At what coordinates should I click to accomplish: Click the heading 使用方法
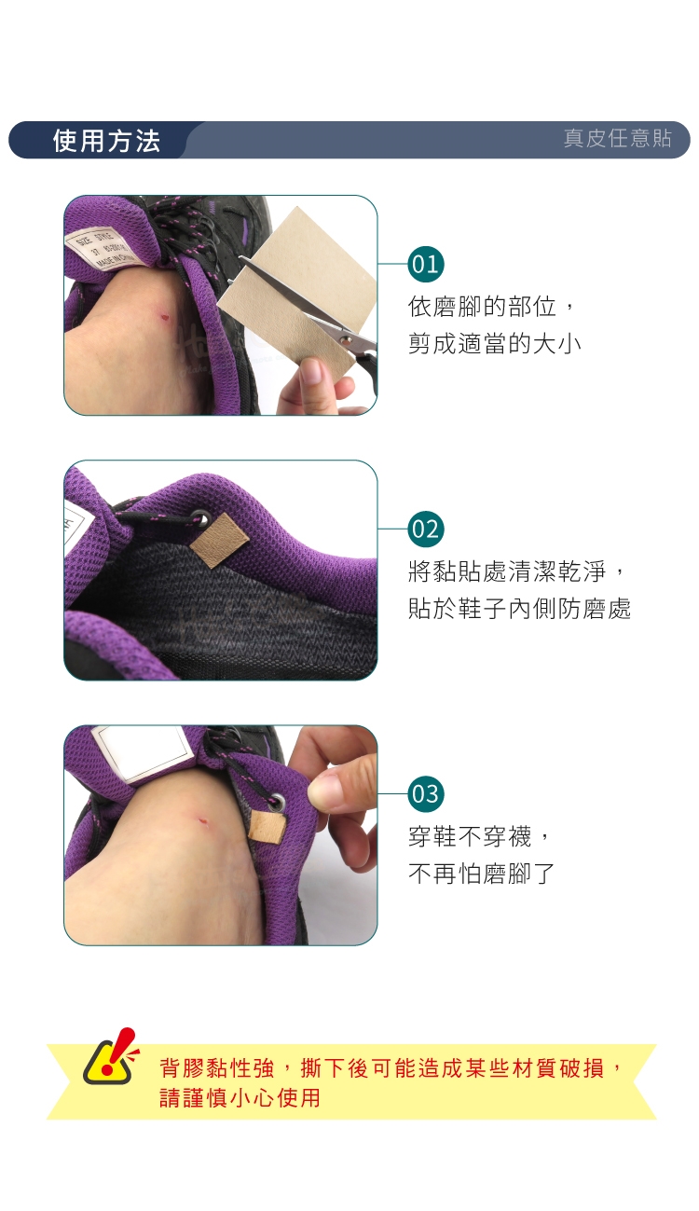coord(106,141)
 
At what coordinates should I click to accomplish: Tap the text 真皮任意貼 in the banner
coord(617,138)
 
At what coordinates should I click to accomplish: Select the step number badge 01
coord(425,264)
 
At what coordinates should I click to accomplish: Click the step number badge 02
coord(425,529)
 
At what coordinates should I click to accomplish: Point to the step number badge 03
coord(425,793)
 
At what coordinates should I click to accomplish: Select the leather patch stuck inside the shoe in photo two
coord(220,540)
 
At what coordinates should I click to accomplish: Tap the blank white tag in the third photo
coord(142,751)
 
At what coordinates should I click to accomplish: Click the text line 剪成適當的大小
coord(494,344)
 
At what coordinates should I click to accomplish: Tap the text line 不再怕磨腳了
coord(482,874)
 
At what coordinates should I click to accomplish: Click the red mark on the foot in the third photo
coord(203,821)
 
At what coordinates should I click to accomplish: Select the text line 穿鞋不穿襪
coord(470,837)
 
